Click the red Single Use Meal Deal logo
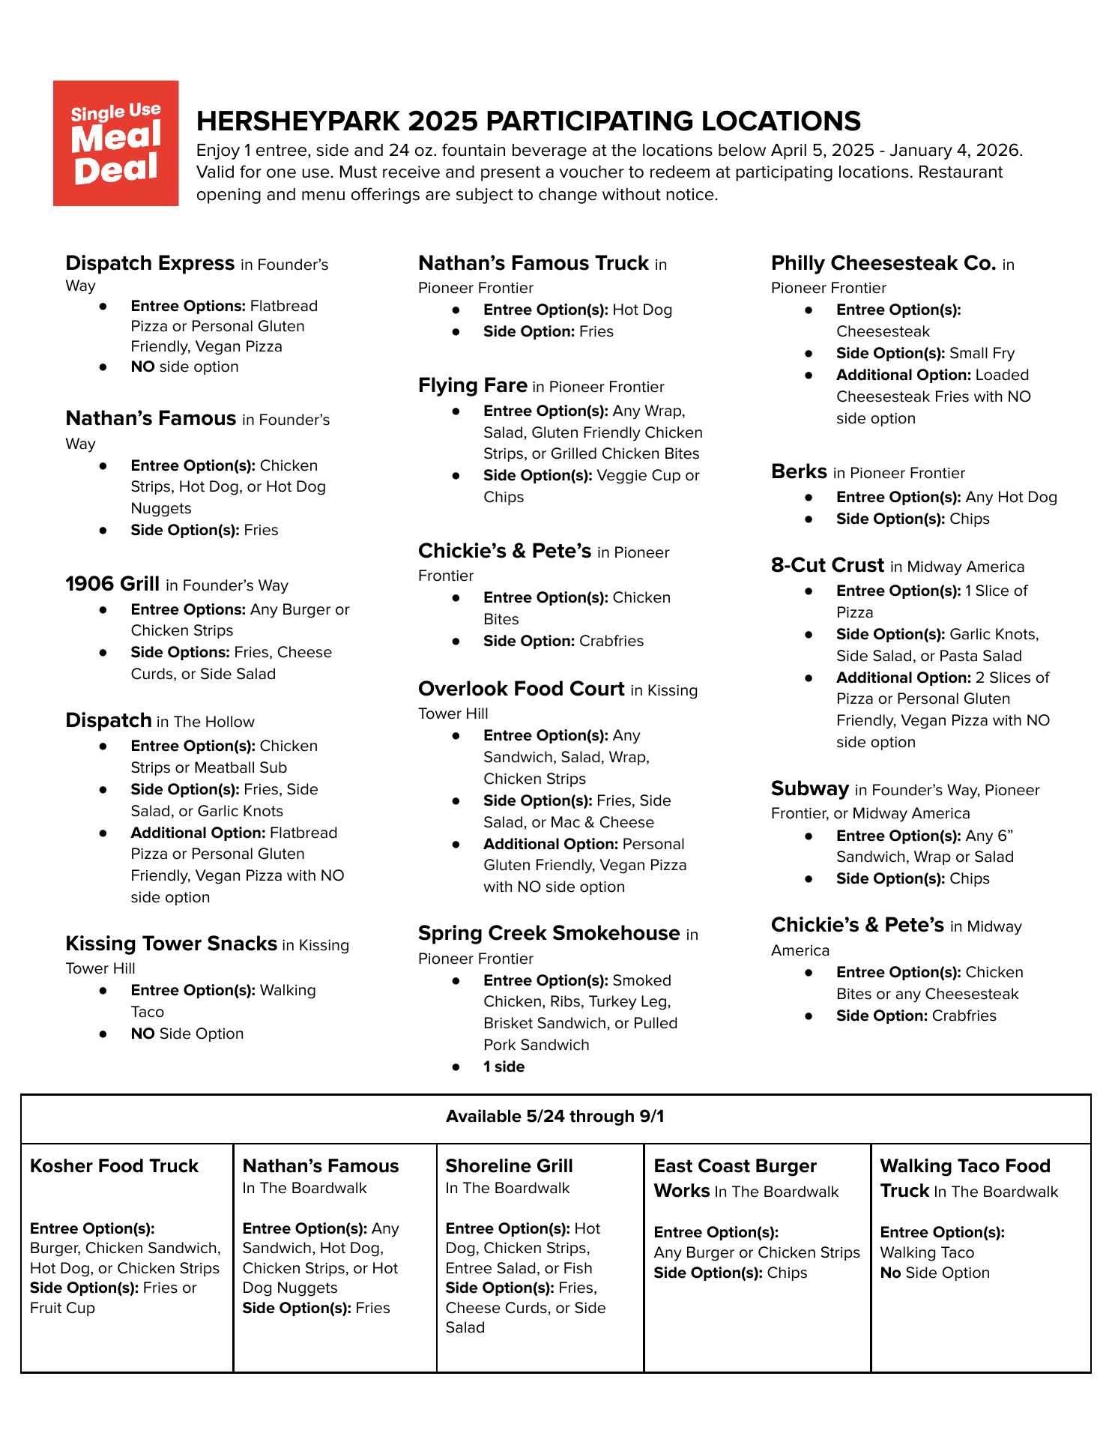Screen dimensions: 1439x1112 115,143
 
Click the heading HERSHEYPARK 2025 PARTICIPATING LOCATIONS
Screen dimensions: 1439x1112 528,121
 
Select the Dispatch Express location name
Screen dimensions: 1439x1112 150,263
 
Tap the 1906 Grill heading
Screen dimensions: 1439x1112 112,584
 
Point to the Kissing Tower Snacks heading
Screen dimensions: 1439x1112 171,943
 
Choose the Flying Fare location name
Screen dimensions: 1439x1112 473,385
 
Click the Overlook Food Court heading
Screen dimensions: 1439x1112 521,689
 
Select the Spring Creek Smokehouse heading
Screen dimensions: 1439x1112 549,933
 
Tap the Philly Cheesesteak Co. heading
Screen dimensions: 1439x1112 883,263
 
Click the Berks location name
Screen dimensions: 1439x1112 799,471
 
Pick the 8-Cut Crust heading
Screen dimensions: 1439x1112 827,565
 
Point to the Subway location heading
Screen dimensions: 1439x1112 809,788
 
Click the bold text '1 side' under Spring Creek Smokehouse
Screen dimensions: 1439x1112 504,1067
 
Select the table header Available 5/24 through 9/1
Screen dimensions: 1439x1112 555,1117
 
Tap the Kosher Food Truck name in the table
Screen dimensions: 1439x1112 114,1166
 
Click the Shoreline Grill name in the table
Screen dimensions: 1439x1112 509,1166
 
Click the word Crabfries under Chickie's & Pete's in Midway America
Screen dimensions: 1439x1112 964,1016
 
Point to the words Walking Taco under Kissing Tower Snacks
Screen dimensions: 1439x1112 288,990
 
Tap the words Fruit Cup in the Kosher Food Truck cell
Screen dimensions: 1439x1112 62,1308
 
